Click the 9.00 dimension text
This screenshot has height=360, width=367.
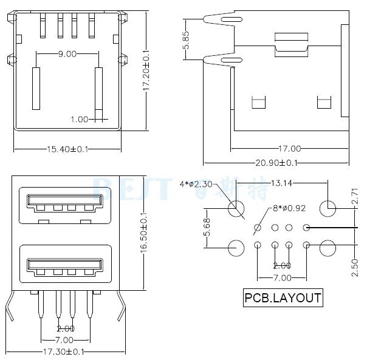point(67,54)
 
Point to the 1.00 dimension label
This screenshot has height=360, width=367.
point(80,119)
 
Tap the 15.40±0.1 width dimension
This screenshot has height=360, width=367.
point(68,149)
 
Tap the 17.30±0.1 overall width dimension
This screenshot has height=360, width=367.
point(68,352)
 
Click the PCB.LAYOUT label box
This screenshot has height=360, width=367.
point(283,298)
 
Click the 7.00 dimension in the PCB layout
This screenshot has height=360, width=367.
point(281,277)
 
